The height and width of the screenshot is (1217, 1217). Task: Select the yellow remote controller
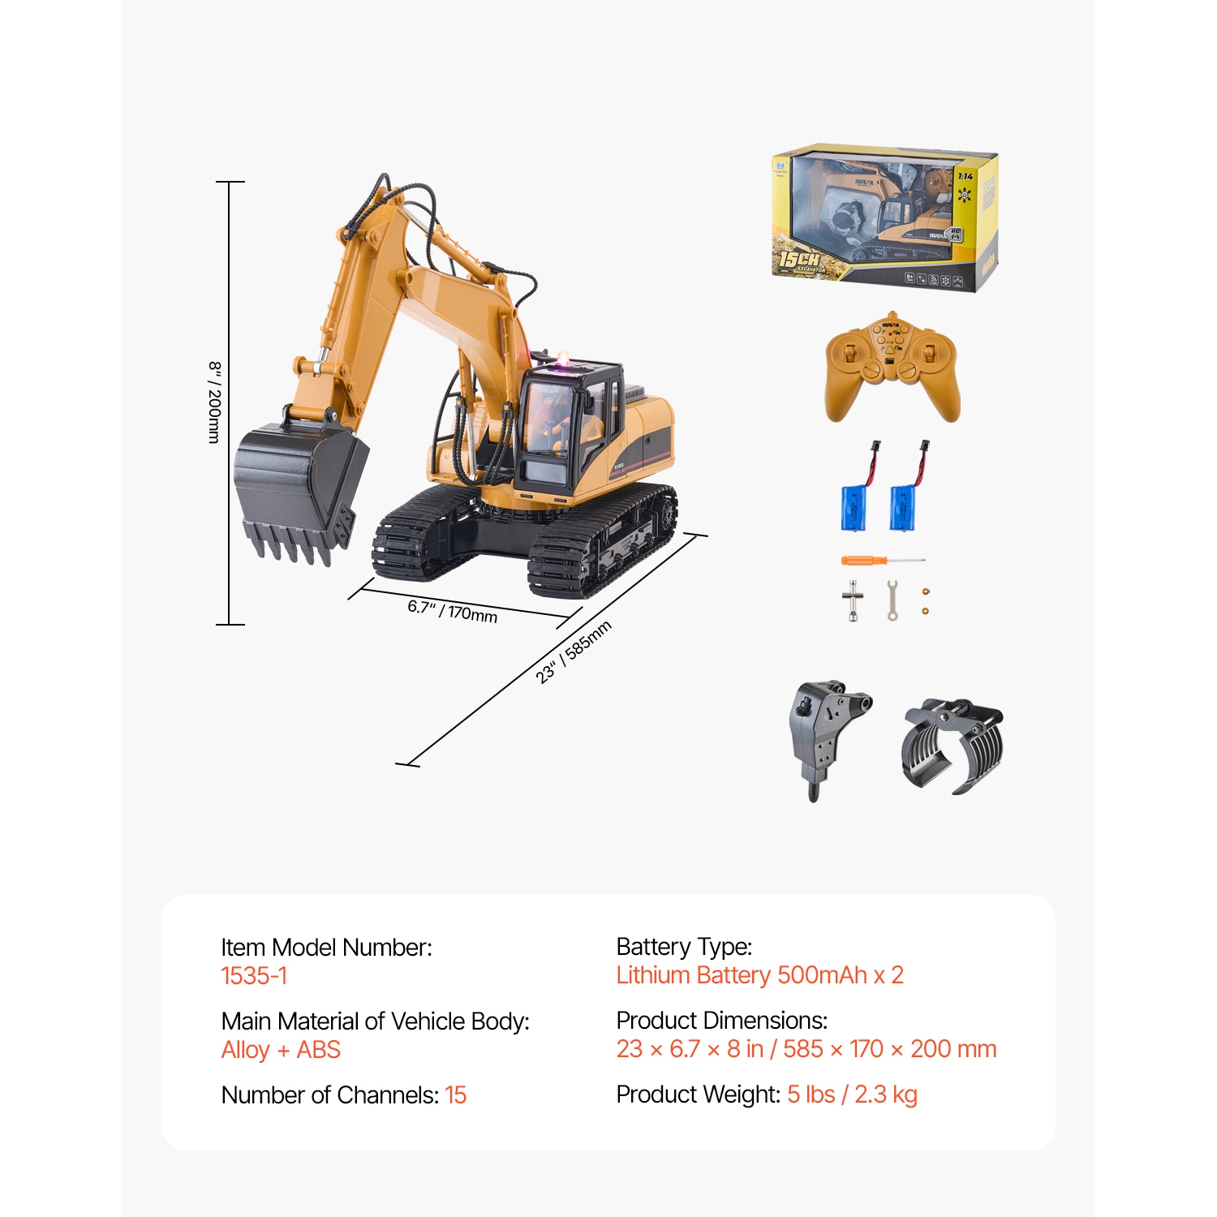click(x=892, y=369)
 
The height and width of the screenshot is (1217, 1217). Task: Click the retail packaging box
click(x=884, y=217)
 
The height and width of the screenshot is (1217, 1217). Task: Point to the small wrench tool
click(x=892, y=600)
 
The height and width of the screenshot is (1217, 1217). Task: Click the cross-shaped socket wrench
click(x=853, y=601)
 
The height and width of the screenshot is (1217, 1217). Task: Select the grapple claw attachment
click(x=953, y=746)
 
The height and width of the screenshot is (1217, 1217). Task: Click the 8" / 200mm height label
click(x=214, y=402)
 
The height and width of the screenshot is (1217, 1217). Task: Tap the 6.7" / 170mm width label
click(x=452, y=610)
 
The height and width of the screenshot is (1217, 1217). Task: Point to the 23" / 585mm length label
click(x=574, y=652)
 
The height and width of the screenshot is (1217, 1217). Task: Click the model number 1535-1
click(x=254, y=975)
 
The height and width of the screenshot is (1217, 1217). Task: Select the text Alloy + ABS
click(x=281, y=1050)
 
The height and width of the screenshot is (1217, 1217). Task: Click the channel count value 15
click(x=456, y=1095)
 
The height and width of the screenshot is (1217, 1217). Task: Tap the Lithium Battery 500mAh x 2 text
click(x=759, y=975)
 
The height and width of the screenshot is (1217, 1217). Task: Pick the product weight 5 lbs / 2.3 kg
click(x=852, y=1094)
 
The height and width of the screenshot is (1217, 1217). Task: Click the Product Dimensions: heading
click(x=721, y=1021)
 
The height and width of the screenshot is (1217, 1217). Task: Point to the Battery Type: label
click(x=684, y=947)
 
